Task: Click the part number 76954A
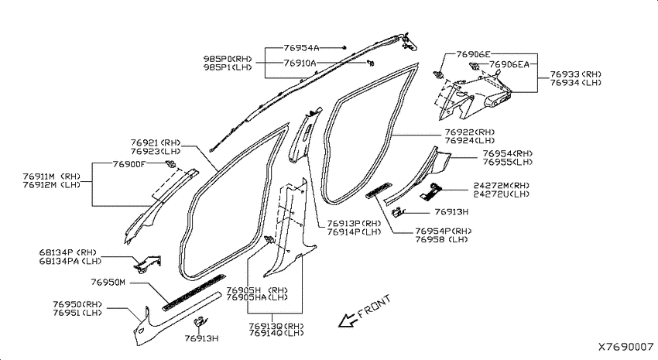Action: (301, 48)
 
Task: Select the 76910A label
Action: (300, 63)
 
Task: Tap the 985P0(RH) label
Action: (228, 59)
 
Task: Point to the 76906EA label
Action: (509, 64)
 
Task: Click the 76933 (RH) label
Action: (576, 74)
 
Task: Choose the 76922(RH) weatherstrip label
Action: (470, 132)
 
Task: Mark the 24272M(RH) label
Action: (502, 186)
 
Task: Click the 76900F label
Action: (129, 164)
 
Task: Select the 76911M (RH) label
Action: (52, 177)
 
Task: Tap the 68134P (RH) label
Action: (68, 252)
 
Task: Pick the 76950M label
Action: (108, 282)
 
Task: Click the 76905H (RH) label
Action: (257, 290)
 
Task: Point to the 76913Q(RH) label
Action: (276, 326)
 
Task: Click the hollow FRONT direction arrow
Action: (348, 320)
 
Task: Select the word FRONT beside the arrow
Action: (375, 306)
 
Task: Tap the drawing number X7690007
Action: (626, 347)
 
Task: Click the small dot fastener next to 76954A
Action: (344, 47)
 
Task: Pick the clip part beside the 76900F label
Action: (170, 163)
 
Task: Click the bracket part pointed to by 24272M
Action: (430, 191)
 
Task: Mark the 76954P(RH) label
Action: (444, 231)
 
